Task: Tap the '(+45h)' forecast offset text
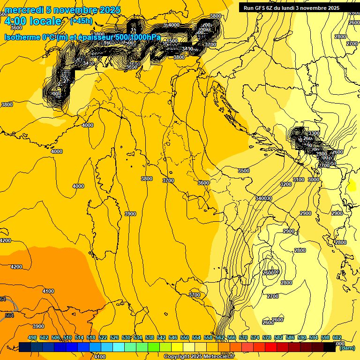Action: [x=81, y=21]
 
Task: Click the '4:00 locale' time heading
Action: [x=33, y=21]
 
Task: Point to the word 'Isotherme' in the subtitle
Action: [x=22, y=37]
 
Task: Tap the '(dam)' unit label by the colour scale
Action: [x=347, y=348]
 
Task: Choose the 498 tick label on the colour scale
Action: [x=32, y=337]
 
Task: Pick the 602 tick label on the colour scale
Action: [x=337, y=337]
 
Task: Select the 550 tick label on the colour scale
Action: [x=185, y=337]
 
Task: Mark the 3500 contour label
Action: [x=244, y=171]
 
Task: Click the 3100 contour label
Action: [x=299, y=180]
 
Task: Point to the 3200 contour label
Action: [x=285, y=184]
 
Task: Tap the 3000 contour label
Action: [x=314, y=180]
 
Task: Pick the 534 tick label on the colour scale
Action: [x=138, y=337]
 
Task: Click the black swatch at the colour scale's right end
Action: [x=330, y=347]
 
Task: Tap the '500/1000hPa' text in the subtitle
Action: [x=138, y=37]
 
